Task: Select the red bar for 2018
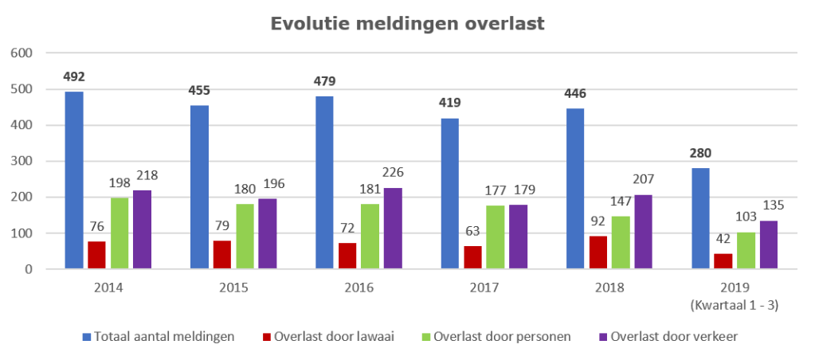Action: click(598, 252)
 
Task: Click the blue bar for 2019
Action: click(700, 219)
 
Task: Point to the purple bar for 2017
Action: click(519, 237)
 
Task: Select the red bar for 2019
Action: click(723, 261)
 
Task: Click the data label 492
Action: click(74, 77)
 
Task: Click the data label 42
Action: click(723, 237)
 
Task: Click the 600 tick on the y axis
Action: click(22, 53)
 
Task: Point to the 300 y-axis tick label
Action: click(22, 161)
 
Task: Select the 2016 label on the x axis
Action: click(359, 287)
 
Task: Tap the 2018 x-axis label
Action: click(609, 287)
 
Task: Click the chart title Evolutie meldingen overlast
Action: click(407, 23)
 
